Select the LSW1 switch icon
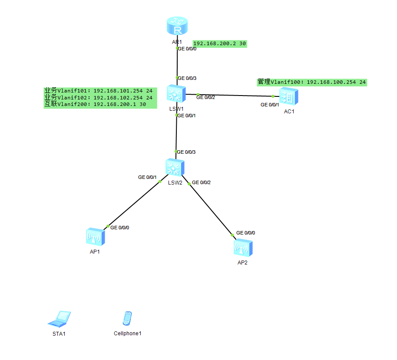pyautogui.click(x=176, y=94)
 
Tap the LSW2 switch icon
pyautogui.click(x=175, y=168)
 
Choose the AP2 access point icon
pyautogui.click(x=242, y=248)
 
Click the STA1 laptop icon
pyautogui.click(x=59, y=319)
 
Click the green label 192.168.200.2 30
pyautogui.click(x=220, y=43)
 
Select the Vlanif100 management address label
pyautogui.click(x=312, y=82)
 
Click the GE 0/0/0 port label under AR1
pyautogui.click(x=187, y=49)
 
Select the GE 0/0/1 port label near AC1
pyautogui.click(x=270, y=105)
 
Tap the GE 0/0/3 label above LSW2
pyautogui.click(x=187, y=152)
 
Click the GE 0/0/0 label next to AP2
pyautogui.click(x=245, y=233)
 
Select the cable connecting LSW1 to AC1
pyautogui.click(x=235, y=95)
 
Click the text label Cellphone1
pyautogui.click(x=128, y=334)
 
